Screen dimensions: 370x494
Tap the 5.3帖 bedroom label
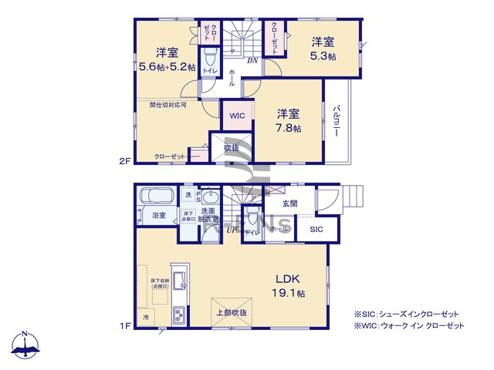(x=323, y=49)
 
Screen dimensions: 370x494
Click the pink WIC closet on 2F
(x=237, y=116)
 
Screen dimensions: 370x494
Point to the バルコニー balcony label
(x=337, y=121)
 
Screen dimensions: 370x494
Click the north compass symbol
(x=25, y=346)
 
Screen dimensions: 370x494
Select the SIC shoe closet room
(x=317, y=230)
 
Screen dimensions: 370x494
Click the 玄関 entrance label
(x=289, y=203)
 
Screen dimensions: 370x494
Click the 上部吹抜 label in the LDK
(x=231, y=312)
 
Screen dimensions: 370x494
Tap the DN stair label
(x=252, y=61)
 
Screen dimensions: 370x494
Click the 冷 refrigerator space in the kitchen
(x=146, y=317)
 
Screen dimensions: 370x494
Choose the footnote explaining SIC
(x=406, y=314)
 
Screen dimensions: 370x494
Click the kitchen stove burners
(x=178, y=314)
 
